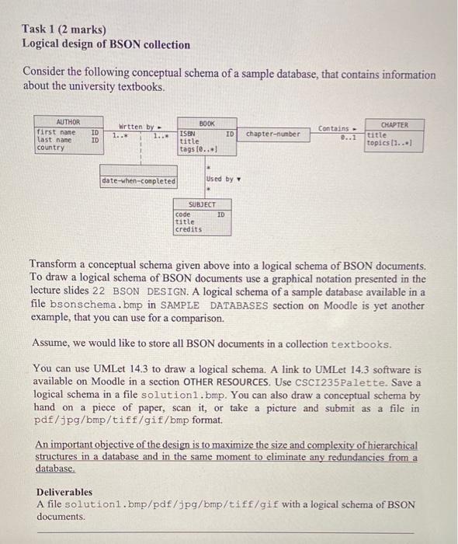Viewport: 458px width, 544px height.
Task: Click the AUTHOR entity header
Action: click(x=68, y=123)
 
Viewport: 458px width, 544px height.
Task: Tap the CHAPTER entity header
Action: click(x=394, y=124)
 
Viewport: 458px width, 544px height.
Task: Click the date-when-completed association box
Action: click(x=138, y=181)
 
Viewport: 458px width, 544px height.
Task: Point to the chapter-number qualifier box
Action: click(x=272, y=134)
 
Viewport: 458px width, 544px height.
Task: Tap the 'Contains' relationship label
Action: click(x=335, y=128)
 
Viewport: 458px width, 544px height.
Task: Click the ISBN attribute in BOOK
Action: click(x=187, y=134)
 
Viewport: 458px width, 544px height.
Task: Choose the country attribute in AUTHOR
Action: click(x=51, y=148)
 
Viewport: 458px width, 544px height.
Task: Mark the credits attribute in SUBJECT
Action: click(x=188, y=229)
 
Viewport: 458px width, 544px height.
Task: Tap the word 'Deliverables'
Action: click(x=64, y=492)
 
